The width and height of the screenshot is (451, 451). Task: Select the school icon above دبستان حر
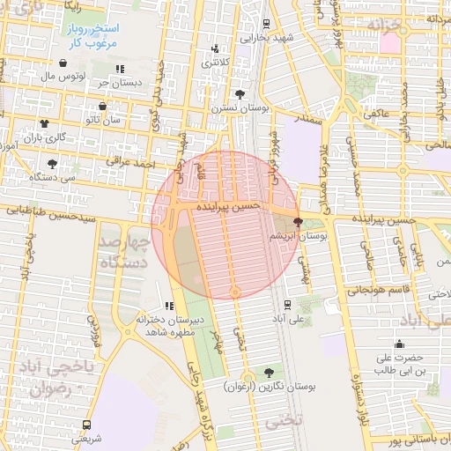coord(120,69)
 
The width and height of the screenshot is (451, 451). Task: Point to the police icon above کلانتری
coord(215,49)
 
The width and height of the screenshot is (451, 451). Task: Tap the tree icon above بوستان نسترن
coord(240,93)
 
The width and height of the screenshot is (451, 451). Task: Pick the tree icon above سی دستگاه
coord(52,163)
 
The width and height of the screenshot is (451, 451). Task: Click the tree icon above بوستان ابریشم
coord(298,223)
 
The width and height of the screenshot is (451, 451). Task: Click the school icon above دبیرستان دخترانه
coord(169,305)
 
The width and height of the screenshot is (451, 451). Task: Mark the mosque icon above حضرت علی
coord(399,344)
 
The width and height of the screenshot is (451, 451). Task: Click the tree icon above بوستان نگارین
coord(269,373)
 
